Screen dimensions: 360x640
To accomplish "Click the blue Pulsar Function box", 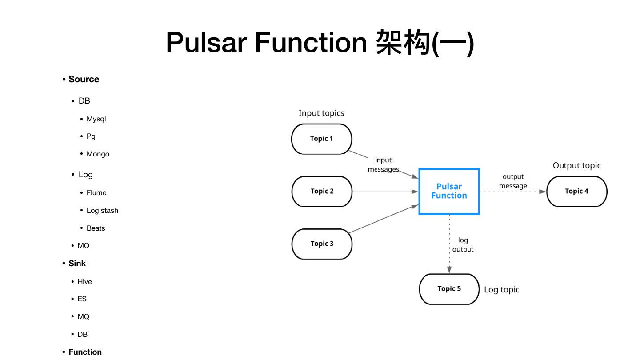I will click(449, 191).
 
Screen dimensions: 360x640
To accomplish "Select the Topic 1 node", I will click(321, 139).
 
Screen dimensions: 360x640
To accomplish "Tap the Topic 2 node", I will click(321, 191).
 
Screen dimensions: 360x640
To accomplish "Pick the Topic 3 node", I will click(321, 244).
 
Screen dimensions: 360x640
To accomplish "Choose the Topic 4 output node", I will click(576, 191).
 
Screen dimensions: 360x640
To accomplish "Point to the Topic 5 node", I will click(449, 289).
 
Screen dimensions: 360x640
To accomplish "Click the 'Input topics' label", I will click(321, 113).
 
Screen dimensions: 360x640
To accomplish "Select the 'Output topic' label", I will click(576, 165).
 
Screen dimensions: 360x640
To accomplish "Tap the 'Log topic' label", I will click(501, 290).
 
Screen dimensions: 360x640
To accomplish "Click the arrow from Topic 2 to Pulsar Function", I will click(385, 192).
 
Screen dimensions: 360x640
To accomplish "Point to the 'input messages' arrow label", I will click(383, 164).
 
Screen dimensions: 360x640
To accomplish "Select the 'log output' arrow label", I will click(463, 245).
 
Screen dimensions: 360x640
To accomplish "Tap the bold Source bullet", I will click(84, 79).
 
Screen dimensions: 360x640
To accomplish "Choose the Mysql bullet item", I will click(96, 119).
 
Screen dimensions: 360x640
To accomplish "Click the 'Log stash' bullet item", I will click(102, 211).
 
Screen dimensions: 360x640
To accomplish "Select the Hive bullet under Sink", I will click(84, 282).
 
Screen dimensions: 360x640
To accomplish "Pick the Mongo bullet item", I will click(98, 154).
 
